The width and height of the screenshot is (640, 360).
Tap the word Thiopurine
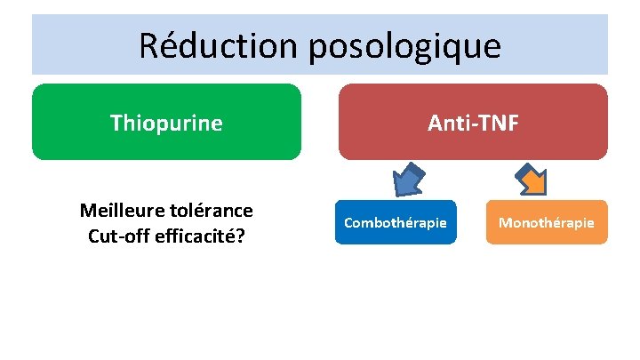[166, 123]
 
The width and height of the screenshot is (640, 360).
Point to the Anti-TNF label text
[473, 123]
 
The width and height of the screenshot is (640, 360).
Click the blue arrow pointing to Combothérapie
[408, 180]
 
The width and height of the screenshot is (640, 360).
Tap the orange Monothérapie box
[547, 222]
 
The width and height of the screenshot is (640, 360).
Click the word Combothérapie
[396, 222]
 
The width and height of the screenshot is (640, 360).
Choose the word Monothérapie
[547, 222]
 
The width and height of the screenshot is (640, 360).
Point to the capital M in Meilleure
[87, 211]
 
